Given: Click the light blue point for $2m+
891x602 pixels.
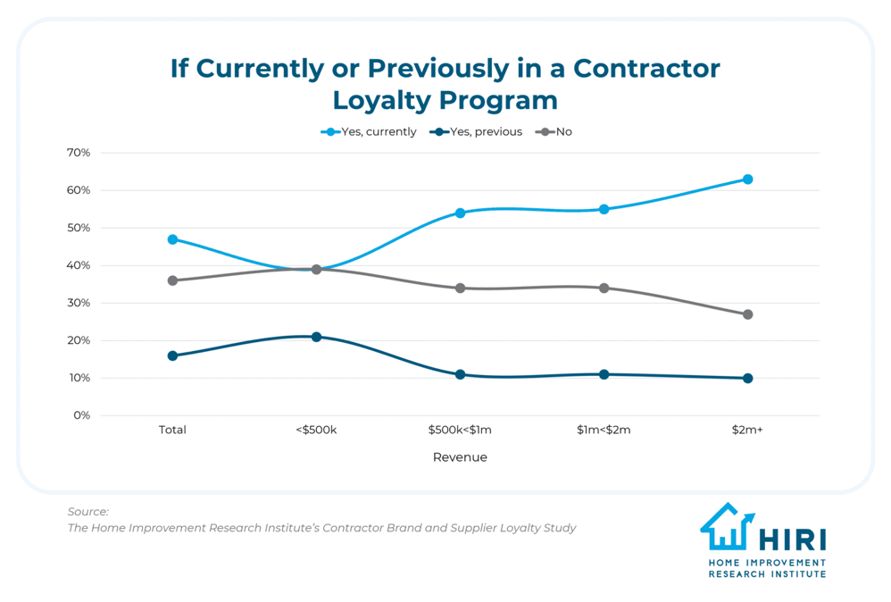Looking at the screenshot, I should pos(747,180).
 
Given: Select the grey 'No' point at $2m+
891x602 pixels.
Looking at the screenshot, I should pos(747,314).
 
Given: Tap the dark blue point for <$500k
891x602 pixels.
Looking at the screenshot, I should pos(316,337).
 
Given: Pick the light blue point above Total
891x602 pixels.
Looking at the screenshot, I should pos(172,239).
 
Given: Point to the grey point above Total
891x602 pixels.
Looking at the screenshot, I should pos(172,280).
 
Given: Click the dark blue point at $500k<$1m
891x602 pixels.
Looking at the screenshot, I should pos(460,374).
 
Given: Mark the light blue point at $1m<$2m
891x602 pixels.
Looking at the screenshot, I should pos(604,209).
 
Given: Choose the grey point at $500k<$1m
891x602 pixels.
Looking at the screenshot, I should pos(460,288).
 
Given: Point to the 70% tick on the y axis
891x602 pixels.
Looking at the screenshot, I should pos(79,153).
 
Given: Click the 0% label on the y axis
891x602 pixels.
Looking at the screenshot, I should pos(82,415).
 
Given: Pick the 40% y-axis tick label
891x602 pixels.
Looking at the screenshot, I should pos(79,265).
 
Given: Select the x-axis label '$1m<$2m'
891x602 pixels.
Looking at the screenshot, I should pos(604,430).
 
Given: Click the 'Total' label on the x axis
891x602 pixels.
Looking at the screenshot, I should pos(172,430).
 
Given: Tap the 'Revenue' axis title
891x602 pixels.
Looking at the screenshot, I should pos(460,457).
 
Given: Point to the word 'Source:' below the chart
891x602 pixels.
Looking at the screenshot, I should pos(87,512).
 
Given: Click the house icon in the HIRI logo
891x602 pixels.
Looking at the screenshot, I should pos(727,528).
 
